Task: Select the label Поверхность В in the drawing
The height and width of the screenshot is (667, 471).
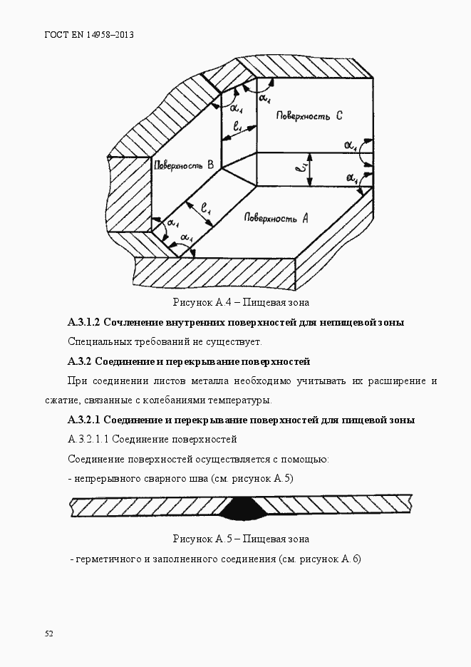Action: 183,165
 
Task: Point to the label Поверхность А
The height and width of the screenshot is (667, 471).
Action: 275,218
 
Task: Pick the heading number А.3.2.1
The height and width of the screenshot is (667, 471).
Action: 86,419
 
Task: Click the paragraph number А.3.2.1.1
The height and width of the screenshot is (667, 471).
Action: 88,438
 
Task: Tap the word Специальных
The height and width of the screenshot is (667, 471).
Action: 97,341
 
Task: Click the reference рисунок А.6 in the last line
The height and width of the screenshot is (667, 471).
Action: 331,559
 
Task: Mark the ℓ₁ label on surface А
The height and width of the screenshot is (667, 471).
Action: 206,210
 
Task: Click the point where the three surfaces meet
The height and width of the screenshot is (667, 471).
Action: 222,169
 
